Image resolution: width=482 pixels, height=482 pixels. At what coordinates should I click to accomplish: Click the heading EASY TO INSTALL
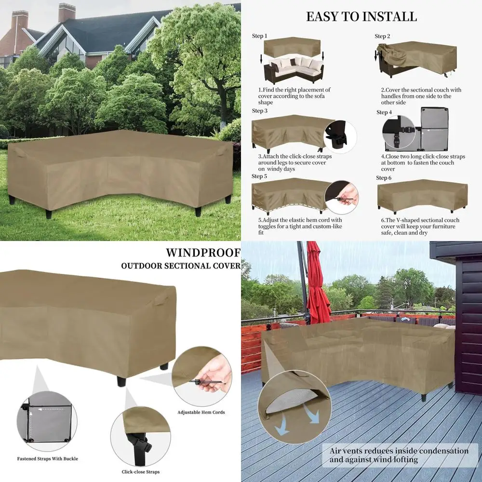point(361,16)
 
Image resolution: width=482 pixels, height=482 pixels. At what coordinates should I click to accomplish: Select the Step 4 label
point(384,112)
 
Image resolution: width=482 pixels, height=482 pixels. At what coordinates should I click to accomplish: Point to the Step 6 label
point(384,178)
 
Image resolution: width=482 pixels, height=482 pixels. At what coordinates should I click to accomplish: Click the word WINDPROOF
point(203,253)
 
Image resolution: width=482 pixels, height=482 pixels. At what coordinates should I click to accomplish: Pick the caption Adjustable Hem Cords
point(201,412)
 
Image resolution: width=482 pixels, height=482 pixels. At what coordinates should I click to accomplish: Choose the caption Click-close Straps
point(141,472)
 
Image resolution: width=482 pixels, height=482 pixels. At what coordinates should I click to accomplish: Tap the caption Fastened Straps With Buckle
point(47,458)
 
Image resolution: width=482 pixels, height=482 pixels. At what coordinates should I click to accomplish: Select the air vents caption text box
point(399,455)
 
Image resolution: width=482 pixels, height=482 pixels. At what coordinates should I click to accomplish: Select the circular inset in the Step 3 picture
point(340,138)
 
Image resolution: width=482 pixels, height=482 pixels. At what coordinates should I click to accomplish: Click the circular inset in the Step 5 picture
point(342,198)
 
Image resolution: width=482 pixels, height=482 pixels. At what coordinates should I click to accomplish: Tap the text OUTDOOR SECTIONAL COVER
point(180,266)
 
